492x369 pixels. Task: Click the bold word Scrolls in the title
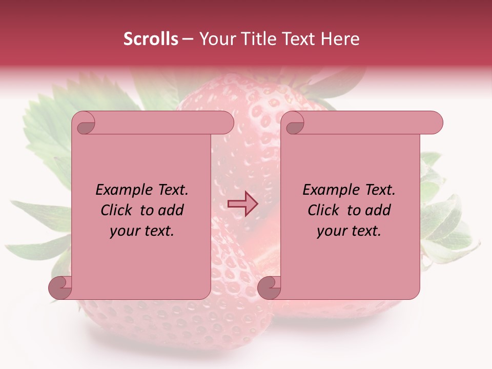[x=151, y=39]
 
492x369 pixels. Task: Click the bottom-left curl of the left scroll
[x=60, y=288]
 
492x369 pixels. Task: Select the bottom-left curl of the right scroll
[x=269, y=288]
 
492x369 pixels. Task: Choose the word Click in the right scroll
[x=323, y=211]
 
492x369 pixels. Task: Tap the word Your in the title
[x=216, y=39]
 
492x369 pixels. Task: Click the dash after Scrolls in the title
[x=188, y=39]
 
